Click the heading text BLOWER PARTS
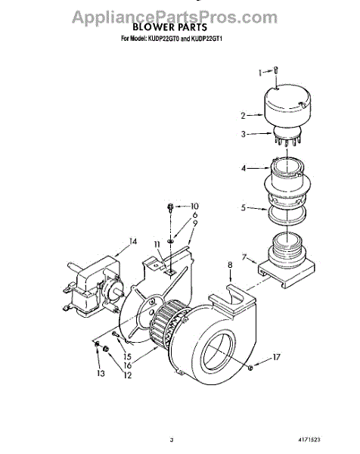coord(170,27)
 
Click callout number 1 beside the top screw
coord(260,73)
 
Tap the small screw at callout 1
coord(276,70)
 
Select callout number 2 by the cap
coord(244,116)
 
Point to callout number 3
coord(244,134)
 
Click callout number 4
coord(244,168)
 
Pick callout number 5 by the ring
coord(244,207)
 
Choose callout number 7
coord(244,257)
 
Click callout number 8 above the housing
coord(230,265)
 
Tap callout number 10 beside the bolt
coord(194,206)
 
